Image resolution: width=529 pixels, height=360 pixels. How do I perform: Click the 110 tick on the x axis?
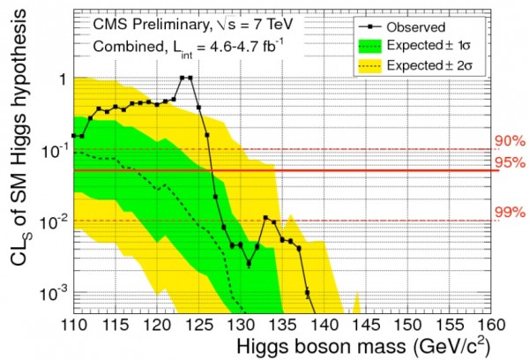click(x=72, y=325)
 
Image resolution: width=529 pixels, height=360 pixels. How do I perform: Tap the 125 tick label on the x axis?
click(x=200, y=325)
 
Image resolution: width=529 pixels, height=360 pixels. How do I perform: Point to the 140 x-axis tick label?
click(x=328, y=325)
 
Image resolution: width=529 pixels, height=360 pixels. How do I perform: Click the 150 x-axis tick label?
click(x=413, y=325)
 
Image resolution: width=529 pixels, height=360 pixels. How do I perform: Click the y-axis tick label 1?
click(x=61, y=79)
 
